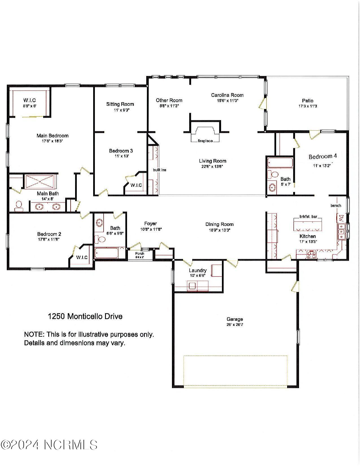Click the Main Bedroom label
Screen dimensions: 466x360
[x=53, y=136]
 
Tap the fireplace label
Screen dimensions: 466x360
[x=205, y=141]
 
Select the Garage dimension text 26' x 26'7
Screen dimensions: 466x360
[x=235, y=325]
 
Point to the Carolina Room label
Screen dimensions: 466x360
[x=227, y=95]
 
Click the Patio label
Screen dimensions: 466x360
[x=307, y=101]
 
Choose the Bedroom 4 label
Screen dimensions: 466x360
[x=322, y=156]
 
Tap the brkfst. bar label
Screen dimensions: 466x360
[x=308, y=217]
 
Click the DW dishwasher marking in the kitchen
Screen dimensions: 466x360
[x=341, y=218]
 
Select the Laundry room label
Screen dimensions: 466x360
[x=198, y=271]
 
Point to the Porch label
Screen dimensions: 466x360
[x=140, y=254]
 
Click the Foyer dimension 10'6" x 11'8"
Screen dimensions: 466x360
[x=151, y=229]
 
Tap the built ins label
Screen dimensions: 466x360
[x=160, y=170]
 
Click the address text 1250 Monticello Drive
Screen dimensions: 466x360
[x=85, y=316]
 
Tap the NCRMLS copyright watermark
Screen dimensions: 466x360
[x=49, y=445]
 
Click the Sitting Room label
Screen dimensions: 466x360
[x=120, y=104]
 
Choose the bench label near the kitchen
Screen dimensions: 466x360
[x=336, y=206]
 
